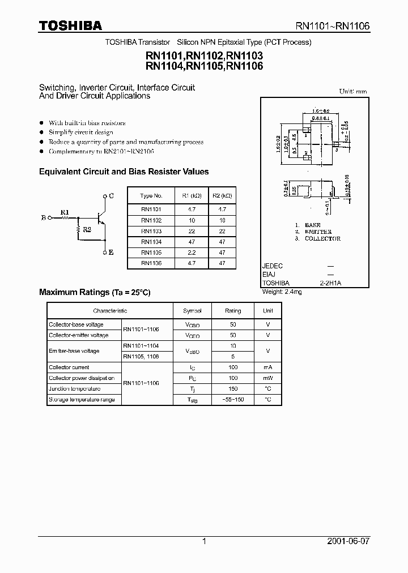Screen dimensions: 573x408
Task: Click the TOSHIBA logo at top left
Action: [x=70, y=25]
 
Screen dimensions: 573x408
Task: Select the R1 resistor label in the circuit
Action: [x=65, y=213]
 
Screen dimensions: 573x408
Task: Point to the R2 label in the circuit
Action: [x=87, y=230]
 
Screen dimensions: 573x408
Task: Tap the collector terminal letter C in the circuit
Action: [x=111, y=195]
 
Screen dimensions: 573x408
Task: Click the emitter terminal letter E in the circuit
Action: [x=111, y=253]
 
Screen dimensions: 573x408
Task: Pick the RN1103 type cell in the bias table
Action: [x=151, y=231]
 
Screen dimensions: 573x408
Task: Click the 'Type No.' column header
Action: [x=151, y=196]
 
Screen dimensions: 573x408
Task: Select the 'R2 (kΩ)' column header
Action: [x=222, y=196]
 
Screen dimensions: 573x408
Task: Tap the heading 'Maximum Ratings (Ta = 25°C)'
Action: [x=95, y=292]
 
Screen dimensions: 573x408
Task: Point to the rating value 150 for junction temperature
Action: [x=233, y=389]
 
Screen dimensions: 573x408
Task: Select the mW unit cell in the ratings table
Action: [x=267, y=378]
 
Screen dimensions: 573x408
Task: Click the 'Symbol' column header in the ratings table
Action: [x=192, y=311]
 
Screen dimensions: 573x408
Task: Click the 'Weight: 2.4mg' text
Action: [x=282, y=292]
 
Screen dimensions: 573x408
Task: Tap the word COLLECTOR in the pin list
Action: [x=322, y=239]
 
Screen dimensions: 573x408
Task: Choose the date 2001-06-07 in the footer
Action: [x=348, y=541]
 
